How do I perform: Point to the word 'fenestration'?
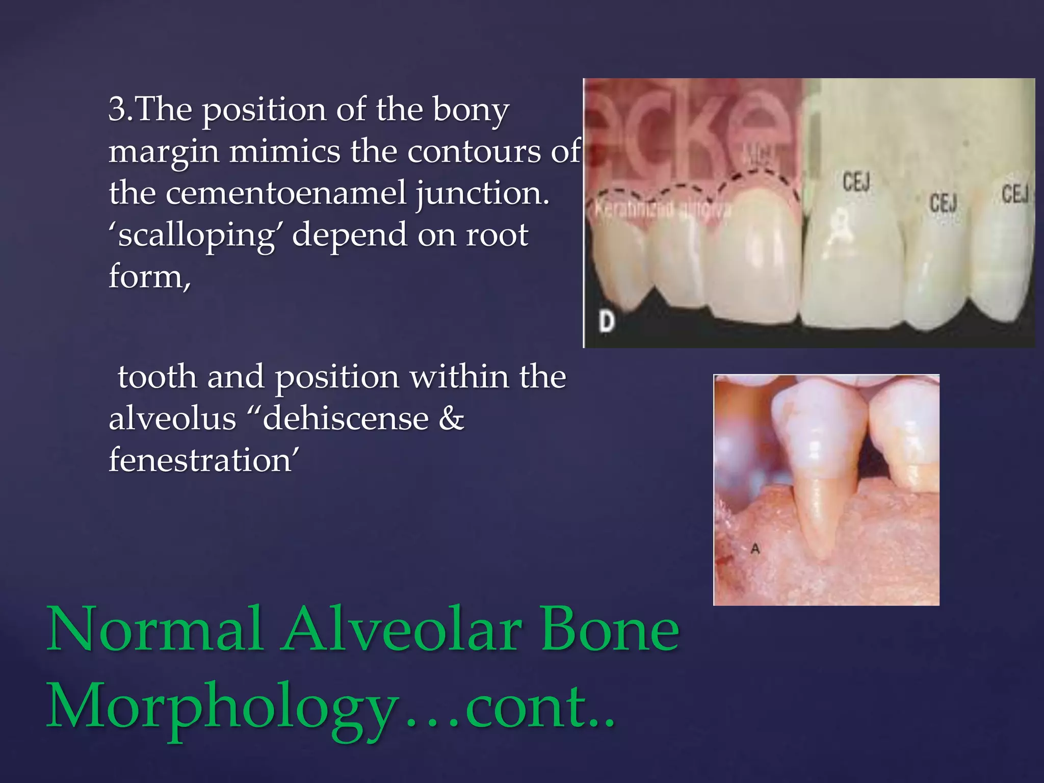pos(201,460)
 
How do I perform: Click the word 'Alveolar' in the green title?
pos(402,630)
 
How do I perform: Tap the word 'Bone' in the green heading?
pos(610,630)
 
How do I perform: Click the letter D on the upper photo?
pos(607,322)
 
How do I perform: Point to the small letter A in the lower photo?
pos(755,549)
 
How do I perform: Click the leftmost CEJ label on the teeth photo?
pos(856,182)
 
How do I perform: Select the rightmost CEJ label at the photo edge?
pos(1015,194)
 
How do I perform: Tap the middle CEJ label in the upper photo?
pos(943,203)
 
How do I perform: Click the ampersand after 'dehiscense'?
pos(451,419)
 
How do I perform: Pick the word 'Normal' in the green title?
pos(155,630)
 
